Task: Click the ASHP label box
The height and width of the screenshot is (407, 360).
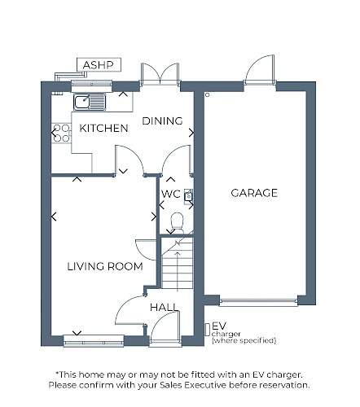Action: point(99,65)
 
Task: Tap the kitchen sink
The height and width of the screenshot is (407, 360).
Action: point(90,102)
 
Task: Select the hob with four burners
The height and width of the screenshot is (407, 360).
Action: point(61,133)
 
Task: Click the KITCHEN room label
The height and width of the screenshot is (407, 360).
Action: point(103,128)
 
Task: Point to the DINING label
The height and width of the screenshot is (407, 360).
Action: point(162,121)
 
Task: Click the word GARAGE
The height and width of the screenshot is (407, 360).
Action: point(254,193)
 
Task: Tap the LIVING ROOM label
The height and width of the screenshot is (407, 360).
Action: point(105,266)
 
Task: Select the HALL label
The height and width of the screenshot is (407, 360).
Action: point(164,308)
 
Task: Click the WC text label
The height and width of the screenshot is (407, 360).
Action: point(171,194)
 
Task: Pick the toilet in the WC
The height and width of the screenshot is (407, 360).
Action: point(178,221)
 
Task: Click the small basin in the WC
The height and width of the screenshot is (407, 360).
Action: point(189,195)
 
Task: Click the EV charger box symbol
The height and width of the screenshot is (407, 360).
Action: point(207,330)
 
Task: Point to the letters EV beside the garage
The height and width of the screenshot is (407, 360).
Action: point(219,326)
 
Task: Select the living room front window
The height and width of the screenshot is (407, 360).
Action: point(94,340)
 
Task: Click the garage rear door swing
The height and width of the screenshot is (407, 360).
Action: point(260,69)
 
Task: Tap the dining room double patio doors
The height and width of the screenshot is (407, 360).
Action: point(160,73)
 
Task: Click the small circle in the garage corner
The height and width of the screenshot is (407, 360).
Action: point(208,94)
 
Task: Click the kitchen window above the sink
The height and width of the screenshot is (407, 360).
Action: point(91,86)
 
